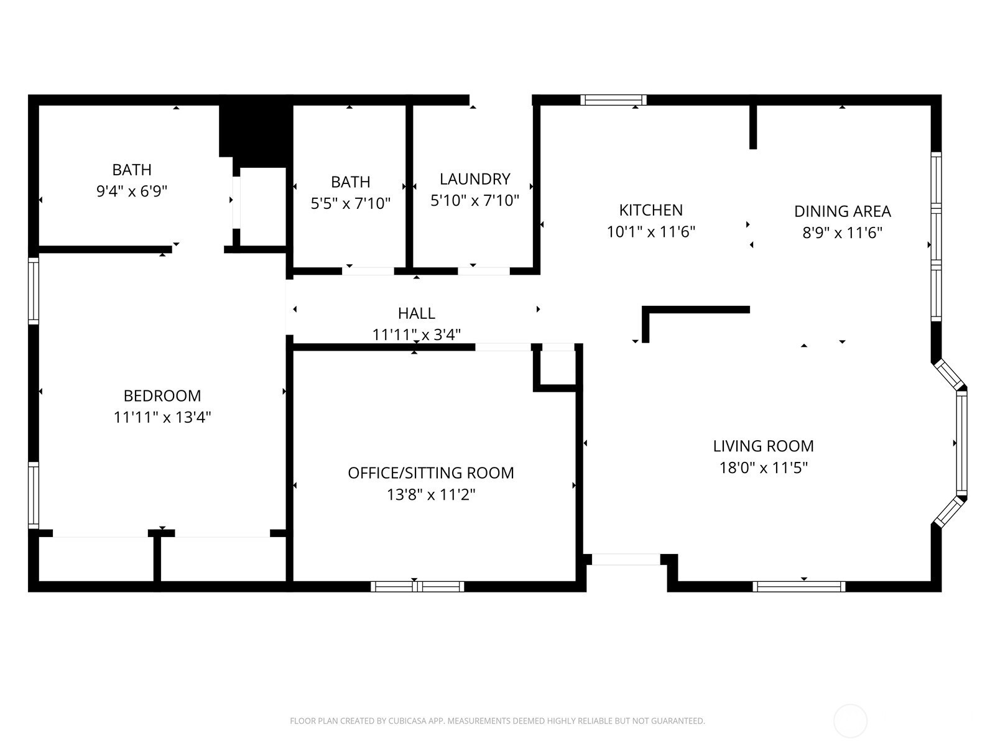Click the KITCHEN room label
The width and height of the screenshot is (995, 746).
pyautogui.click(x=650, y=210)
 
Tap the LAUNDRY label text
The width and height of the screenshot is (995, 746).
pyautogui.click(x=474, y=179)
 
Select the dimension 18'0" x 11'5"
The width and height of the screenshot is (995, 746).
pyautogui.click(x=764, y=467)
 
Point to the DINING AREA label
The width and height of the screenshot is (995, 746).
pyautogui.click(x=842, y=211)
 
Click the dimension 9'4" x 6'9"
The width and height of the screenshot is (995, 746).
pyautogui.click(x=132, y=191)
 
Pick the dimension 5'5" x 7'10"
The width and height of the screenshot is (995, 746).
pyautogui.click(x=350, y=203)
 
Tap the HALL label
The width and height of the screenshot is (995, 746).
pyautogui.click(x=416, y=313)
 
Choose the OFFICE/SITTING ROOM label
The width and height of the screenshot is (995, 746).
pyautogui.click(x=430, y=473)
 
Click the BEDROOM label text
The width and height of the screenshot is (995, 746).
pyautogui.click(x=162, y=396)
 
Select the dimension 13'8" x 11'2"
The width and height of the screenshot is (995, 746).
pyautogui.click(x=430, y=495)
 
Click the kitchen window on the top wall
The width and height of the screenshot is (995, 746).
pyautogui.click(x=613, y=99)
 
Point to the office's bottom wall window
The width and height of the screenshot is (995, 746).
pyautogui.click(x=417, y=587)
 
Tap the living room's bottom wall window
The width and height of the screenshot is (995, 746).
pyautogui.click(x=798, y=587)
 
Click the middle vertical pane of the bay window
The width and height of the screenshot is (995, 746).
pyautogui.click(x=961, y=443)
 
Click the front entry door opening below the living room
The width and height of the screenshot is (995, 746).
pyautogui.click(x=626, y=559)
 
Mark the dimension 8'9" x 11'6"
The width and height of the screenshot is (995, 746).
pyautogui.click(x=842, y=233)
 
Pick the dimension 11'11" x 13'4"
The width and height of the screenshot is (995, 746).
pyautogui.click(x=162, y=417)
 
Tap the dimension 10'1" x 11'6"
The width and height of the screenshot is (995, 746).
pyautogui.click(x=650, y=232)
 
